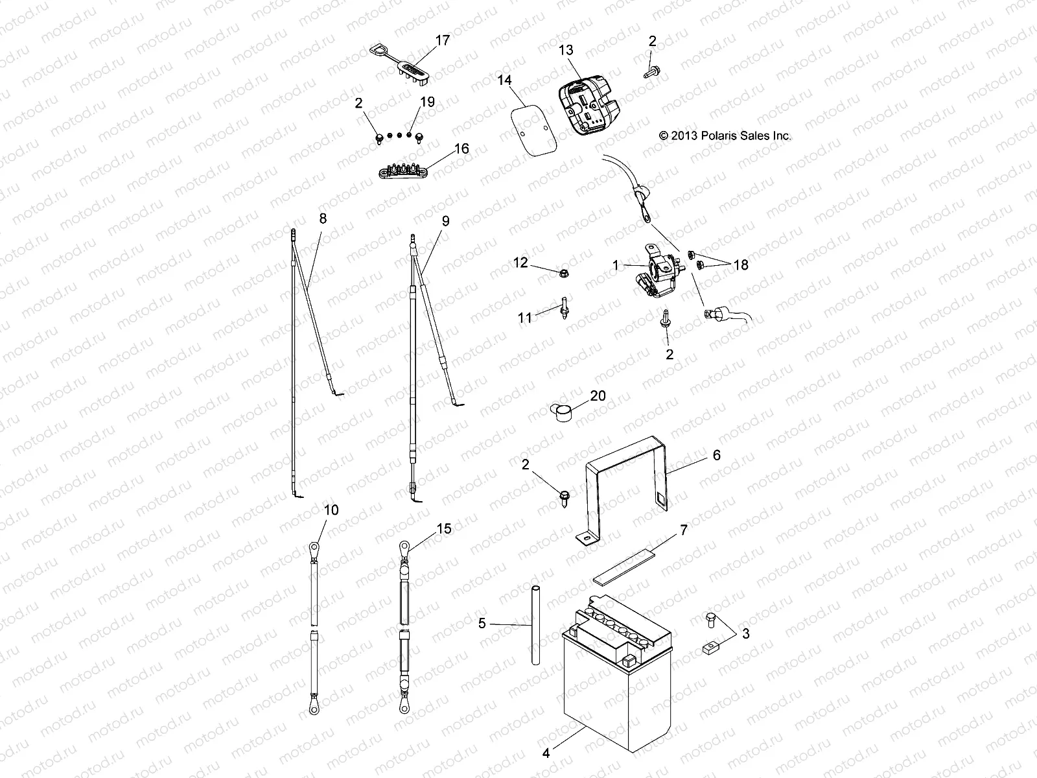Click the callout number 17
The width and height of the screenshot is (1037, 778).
(x=442, y=41)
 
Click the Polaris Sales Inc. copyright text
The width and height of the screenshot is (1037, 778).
(x=725, y=136)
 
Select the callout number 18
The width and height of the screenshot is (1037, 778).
(x=740, y=265)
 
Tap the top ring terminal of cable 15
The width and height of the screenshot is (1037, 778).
(x=404, y=549)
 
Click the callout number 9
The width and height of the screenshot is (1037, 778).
(x=445, y=221)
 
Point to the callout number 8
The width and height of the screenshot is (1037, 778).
(x=323, y=218)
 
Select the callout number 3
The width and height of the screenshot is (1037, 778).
(x=745, y=633)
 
